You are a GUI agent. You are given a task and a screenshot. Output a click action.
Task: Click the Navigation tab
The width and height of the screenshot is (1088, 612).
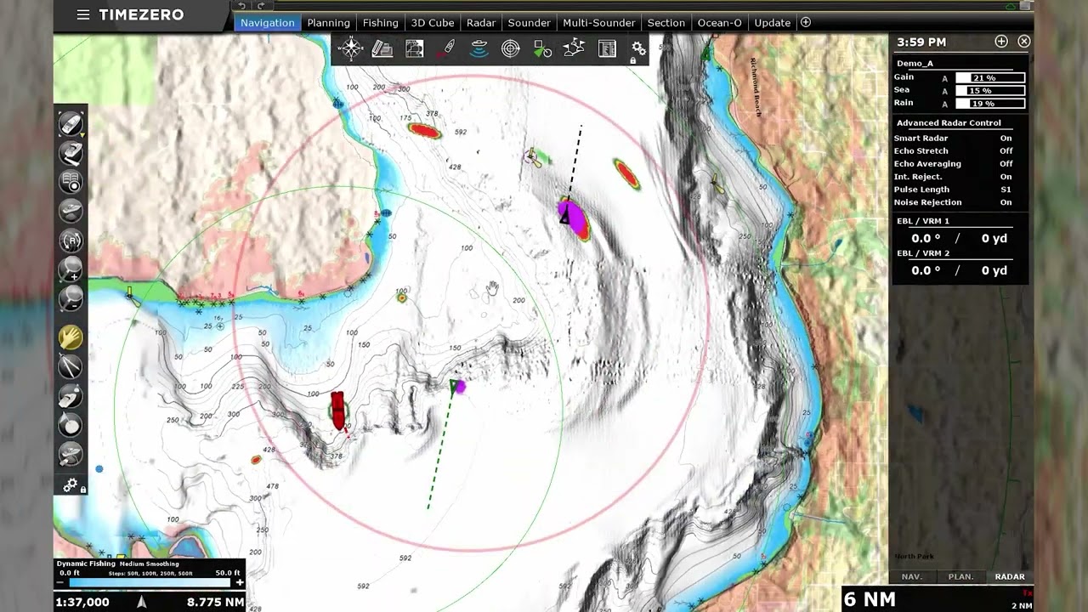pyautogui.click(x=267, y=23)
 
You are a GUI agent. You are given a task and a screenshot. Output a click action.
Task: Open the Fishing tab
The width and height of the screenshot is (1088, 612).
pyautogui.click(x=380, y=23)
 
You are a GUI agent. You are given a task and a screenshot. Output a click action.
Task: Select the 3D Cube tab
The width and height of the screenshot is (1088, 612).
pyautogui.click(x=432, y=23)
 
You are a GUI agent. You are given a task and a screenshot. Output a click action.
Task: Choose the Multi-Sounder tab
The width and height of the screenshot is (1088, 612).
pyautogui.click(x=598, y=23)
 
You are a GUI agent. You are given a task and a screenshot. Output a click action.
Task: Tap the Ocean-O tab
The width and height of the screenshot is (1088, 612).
pyautogui.click(x=719, y=23)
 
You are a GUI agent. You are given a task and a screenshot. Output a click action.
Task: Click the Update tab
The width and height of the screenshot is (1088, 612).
pyautogui.click(x=772, y=23)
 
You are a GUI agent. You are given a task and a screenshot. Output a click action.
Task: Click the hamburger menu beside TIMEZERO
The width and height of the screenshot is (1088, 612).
pyautogui.click(x=83, y=14)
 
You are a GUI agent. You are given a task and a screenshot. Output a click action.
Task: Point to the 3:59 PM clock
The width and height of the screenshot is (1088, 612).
pyautogui.click(x=921, y=42)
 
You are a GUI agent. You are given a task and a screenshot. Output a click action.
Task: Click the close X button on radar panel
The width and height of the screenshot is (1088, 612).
pyautogui.click(x=1024, y=42)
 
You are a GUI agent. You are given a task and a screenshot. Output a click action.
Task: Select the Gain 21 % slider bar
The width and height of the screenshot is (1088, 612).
pyautogui.click(x=990, y=78)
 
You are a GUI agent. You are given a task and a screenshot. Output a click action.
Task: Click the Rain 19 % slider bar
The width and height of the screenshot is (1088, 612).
pyautogui.click(x=990, y=104)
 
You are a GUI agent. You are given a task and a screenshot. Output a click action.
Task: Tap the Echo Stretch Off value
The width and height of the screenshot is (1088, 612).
pyautogui.click(x=1006, y=151)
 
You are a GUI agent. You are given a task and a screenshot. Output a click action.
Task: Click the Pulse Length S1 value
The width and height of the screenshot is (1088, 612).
pyautogui.click(x=1006, y=190)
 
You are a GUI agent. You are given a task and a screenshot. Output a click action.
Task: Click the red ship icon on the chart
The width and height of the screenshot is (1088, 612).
pyautogui.click(x=338, y=411)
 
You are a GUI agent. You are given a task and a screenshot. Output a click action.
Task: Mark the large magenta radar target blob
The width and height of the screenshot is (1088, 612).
pyautogui.click(x=573, y=218)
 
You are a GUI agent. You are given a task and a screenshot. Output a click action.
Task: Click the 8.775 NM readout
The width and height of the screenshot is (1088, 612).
pyautogui.click(x=215, y=602)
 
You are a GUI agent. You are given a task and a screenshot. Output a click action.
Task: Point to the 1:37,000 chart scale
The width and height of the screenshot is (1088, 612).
pyautogui.click(x=82, y=602)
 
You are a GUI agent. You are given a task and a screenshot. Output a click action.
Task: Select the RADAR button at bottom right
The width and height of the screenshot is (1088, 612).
pyautogui.click(x=1010, y=576)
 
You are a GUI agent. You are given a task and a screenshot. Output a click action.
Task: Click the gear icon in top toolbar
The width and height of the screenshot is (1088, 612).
pyautogui.click(x=638, y=48)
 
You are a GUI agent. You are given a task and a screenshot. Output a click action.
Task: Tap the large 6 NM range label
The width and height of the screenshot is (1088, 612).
pyautogui.click(x=870, y=599)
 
